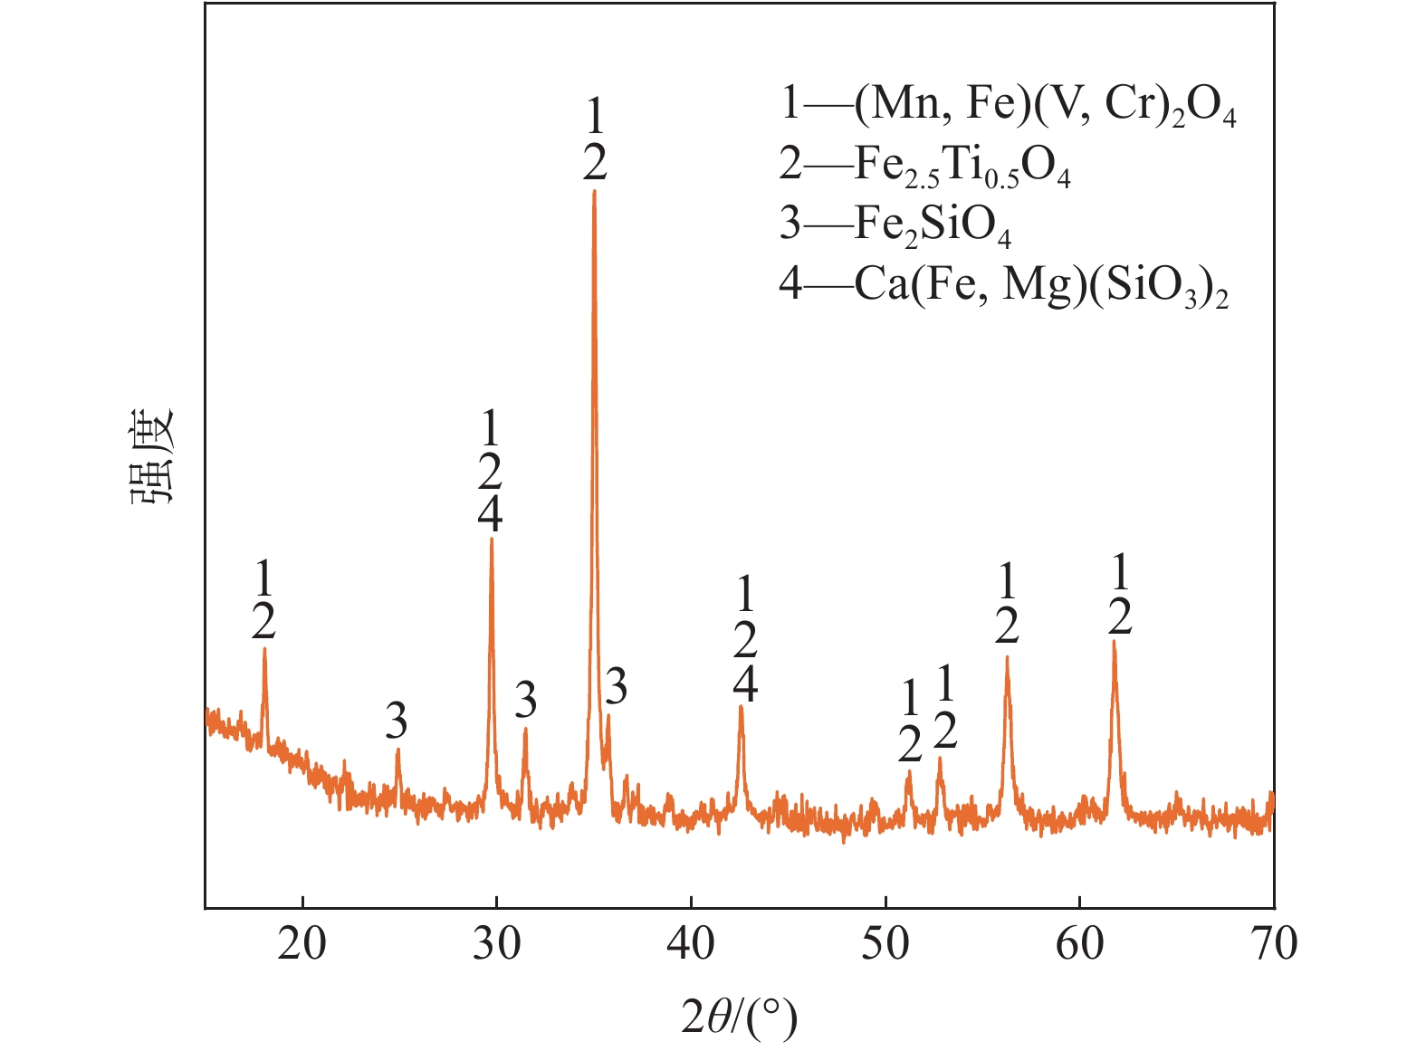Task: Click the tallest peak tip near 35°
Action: (x=594, y=191)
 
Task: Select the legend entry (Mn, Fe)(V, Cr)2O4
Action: (x=1007, y=105)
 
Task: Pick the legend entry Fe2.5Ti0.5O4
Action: (x=924, y=166)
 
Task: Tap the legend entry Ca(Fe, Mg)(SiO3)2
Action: (x=1003, y=285)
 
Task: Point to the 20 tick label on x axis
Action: (x=301, y=944)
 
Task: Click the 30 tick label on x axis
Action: (x=496, y=944)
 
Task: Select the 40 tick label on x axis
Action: (x=691, y=944)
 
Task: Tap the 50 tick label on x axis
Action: (x=885, y=944)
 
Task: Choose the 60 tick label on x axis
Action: (x=1080, y=944)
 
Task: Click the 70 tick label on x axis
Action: (x=1274, y=944)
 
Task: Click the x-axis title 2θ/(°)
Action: (x=739, y=1018)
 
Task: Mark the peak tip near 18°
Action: (x=264, y=648)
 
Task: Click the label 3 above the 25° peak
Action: (x=396, y=721)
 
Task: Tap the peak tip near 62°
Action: (x=1115, y=642)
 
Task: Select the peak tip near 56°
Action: (x=1007, y=658)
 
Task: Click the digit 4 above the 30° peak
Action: (x=490, y=515)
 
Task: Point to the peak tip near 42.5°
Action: (x=742, y=706)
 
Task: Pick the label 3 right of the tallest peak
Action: (x=616, y=688)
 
